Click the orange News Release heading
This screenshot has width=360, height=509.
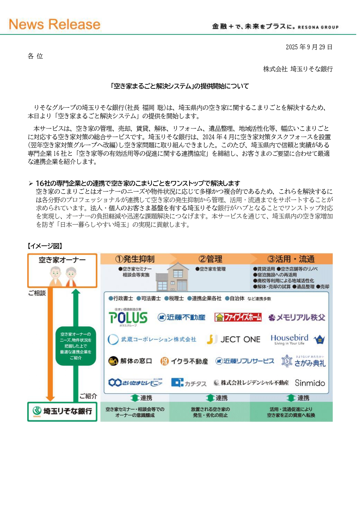(x=55, y=24)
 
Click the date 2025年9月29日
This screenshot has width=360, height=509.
(x=309, y=47)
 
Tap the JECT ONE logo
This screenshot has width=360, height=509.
(x=234, y=339)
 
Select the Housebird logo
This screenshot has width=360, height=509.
(x=297, y=339)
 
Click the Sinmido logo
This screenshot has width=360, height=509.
(x=310, y=383)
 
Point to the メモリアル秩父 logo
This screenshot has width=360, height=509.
(x=297, y=317)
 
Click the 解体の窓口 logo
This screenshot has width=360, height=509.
(x=130, y=361)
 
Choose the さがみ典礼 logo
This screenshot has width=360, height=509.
(x=303, y=362)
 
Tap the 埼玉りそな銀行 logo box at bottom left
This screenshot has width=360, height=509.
(x=62, y=411)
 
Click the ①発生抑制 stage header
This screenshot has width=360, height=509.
(x=135, y=259)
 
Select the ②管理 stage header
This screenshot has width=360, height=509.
(x=210, y=259)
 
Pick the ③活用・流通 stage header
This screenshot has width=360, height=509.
(x=291, y=259)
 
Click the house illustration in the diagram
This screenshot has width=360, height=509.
(x=172, y=277)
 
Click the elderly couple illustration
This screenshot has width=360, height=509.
(x=63, y=276)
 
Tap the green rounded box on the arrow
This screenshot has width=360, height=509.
(x=76, y=346)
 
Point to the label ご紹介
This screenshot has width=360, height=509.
(x=88, y=396)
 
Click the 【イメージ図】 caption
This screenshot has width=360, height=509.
(x=45, y=246)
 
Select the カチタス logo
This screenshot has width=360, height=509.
(x=189, y=383)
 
